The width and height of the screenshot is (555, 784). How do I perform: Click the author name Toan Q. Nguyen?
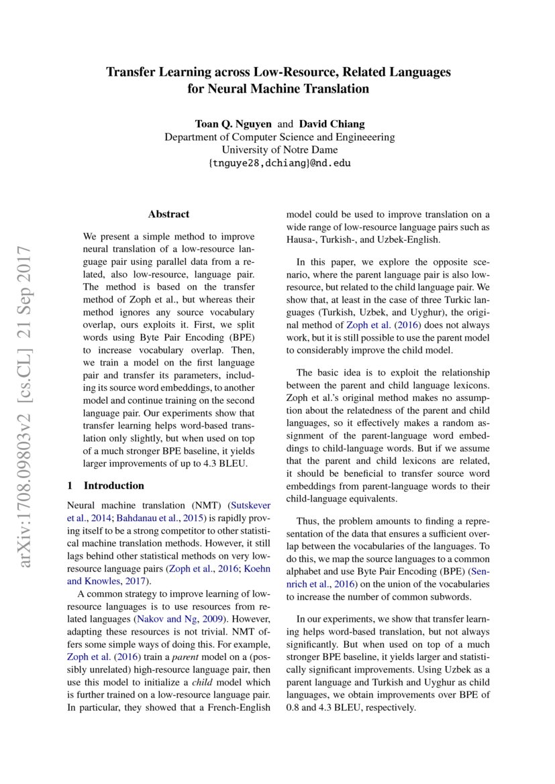point(234,124)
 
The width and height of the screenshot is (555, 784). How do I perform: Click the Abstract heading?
point(168,215)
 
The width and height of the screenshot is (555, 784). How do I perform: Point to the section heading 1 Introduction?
point(106,486)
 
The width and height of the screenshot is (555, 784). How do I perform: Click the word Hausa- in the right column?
point(301,239)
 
